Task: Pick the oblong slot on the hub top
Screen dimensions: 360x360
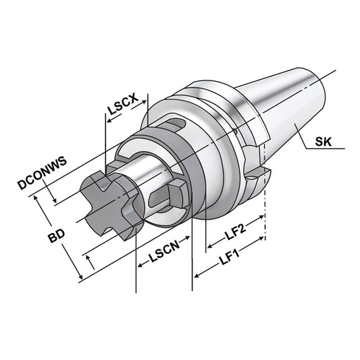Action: pyautogui.click(x=176, y=125)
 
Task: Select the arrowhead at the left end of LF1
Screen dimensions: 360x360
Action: pyautogui.click(x=197, y=274)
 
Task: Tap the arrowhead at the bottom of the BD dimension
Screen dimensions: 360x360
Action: pyautogui.click(x=80, y=277)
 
